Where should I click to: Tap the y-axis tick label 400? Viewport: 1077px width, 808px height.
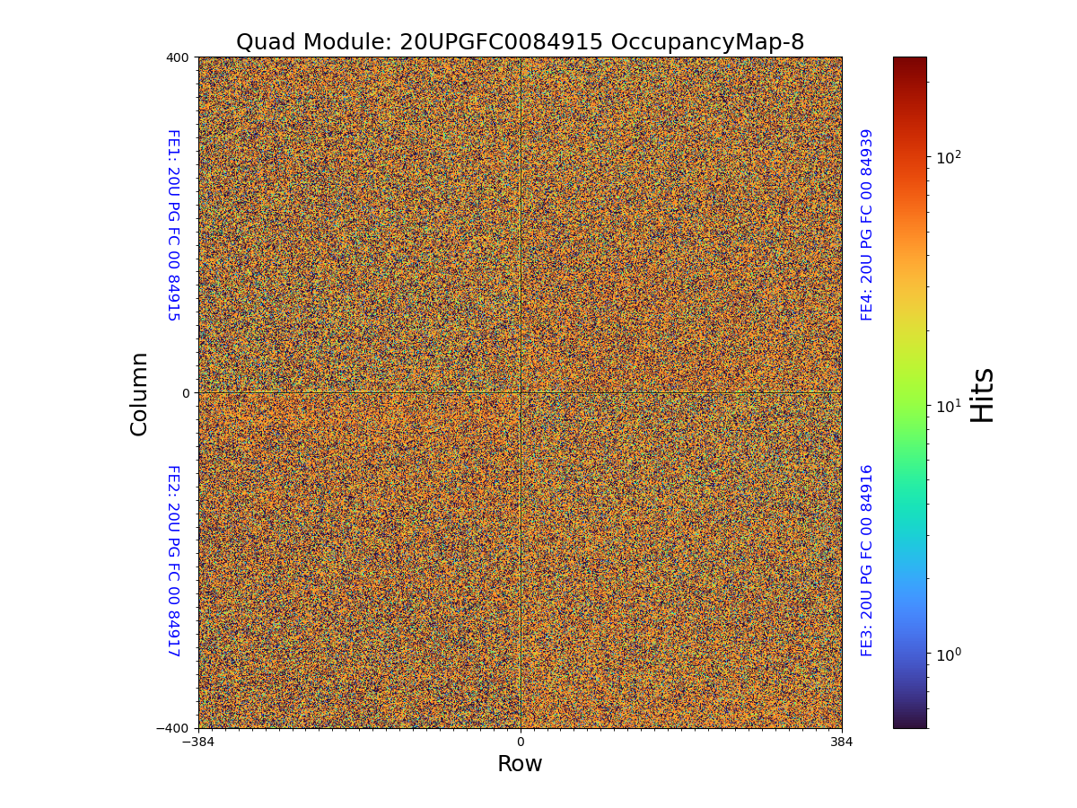(178, 57)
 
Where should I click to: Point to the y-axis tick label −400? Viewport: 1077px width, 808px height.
(173, 728)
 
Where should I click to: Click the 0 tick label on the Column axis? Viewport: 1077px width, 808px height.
(186, 393)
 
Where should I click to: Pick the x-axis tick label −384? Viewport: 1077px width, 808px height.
(198, 742)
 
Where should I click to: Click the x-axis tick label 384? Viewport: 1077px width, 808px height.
(842, 742)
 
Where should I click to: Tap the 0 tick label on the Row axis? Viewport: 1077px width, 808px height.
(521, 742)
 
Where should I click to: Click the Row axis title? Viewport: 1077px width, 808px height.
(520, 764)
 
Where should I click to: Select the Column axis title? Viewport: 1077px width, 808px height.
(139, 393)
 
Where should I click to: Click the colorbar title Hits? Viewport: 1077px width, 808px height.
(983, 394)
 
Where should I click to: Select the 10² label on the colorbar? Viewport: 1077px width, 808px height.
(949, 158)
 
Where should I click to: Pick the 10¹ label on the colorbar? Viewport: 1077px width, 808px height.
(949, 406)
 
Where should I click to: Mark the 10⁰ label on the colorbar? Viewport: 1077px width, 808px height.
(949, 654)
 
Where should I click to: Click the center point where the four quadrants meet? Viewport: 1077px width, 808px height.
(521, 393)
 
